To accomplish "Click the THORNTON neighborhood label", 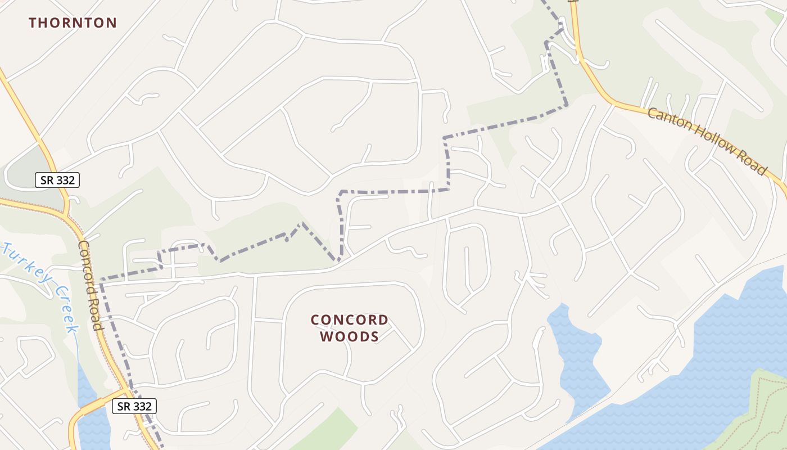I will pos(73,23).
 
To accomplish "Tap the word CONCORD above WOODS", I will pos(349,320).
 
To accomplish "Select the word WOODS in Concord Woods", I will pos(349,336).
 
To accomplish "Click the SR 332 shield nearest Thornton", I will pos(57,180).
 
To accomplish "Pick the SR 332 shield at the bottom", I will pos(134,406).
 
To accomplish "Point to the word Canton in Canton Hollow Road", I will pos(668,120).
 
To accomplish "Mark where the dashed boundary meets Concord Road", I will pos(101,280).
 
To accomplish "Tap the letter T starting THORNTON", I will pos(33,23).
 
